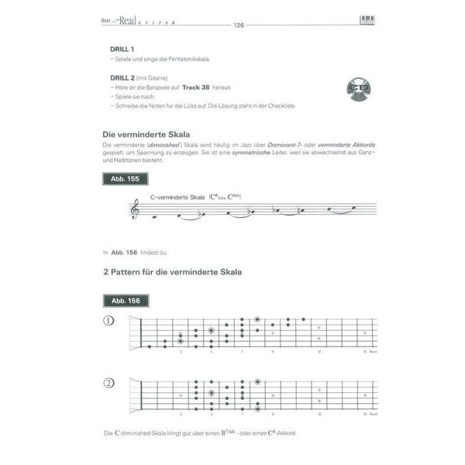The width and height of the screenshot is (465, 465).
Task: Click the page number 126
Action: [x=238, y=25]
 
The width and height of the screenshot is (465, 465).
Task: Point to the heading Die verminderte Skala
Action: [x=146, y=134]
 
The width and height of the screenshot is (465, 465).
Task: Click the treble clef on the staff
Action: [x=137, y=208]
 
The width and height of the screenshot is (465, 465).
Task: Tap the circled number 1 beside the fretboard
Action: [x=109, y=320]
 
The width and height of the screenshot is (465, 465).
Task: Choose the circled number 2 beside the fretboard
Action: [x=109, y=382]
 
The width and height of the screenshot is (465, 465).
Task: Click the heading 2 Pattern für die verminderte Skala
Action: [x=172, y=272]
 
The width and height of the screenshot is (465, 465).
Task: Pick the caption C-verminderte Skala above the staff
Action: [x=177, y=198]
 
